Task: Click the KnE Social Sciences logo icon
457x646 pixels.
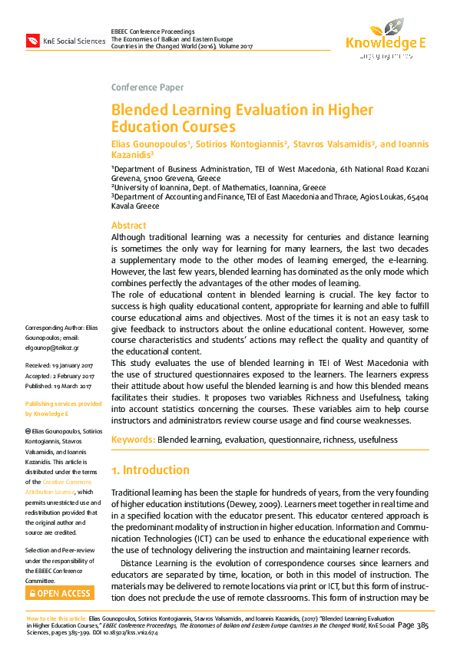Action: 32,40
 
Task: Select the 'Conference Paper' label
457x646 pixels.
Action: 147,87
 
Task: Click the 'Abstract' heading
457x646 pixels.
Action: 129,226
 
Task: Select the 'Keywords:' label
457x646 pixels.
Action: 134,440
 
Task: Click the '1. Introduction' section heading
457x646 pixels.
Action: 151,470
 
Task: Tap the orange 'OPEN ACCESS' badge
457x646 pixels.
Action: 60,592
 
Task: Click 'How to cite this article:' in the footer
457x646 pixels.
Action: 57,618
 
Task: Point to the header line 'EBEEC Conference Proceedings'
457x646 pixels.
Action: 153,31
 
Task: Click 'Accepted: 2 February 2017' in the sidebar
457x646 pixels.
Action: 60,376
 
